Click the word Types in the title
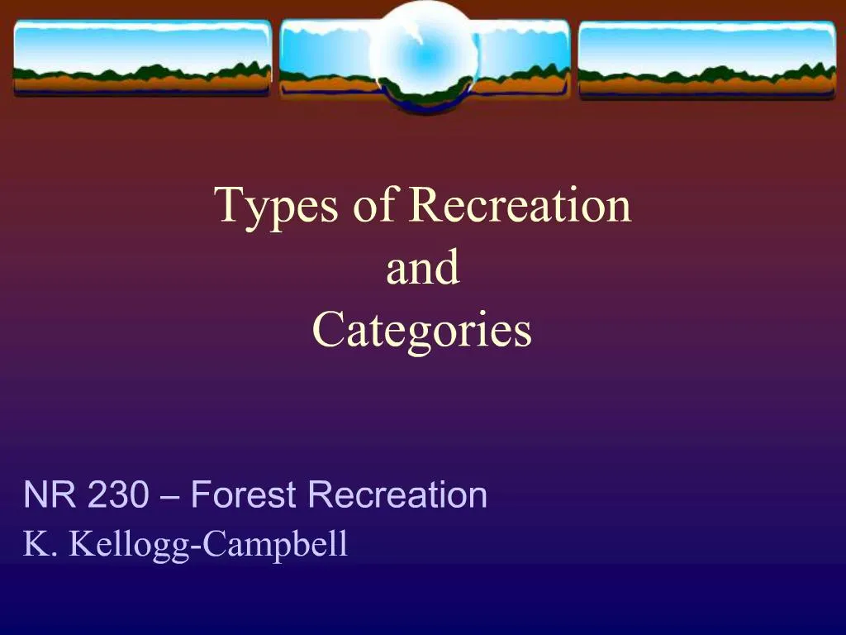[277, 207]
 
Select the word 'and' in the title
[422, 268]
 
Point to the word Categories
[422, 331]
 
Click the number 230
[118, 495]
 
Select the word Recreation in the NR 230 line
[397, 495]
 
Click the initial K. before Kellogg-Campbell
[39, 544]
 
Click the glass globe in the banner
[422, 51]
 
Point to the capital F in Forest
[199, 495]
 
